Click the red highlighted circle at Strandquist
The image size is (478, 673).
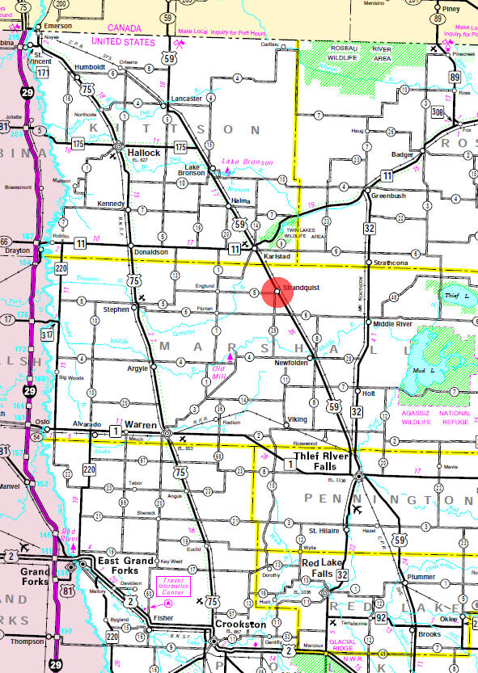point(277,291)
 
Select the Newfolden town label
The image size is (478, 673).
point(291,363)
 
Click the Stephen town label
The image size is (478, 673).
point(116,308)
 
